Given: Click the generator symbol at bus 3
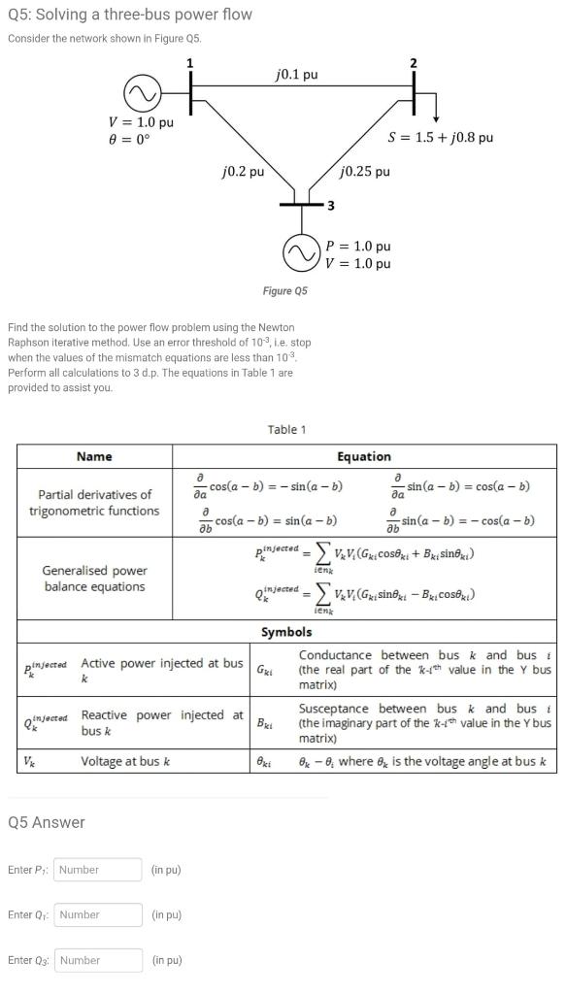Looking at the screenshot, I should click(x=299, y=254).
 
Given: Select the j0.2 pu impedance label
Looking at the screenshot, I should click(x=243, y=172).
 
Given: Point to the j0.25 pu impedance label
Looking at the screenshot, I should click(x=365, y=172).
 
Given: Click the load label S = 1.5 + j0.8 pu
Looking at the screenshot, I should click(x=440, y=137).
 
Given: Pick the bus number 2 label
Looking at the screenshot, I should click(x=414, y=63).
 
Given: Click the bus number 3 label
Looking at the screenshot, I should click(x=329, y=205).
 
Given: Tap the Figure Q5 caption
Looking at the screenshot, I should click(x=284, y=291).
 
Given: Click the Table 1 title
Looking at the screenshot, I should click(x=286, y=429).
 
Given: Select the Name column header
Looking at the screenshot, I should click(x=94, y=456).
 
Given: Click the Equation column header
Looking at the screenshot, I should click(x=363, y=456).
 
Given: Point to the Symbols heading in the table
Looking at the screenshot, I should click(x=286, y=632).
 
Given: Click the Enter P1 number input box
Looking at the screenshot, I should click(x=98, y=870).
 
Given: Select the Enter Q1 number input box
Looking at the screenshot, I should click(x=98, y=914).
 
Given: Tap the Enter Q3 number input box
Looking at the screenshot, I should click(x=98, y=960).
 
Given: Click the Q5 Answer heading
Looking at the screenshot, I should click(x=47, y=822).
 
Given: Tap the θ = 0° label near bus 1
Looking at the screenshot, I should click(x=129, y=138).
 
